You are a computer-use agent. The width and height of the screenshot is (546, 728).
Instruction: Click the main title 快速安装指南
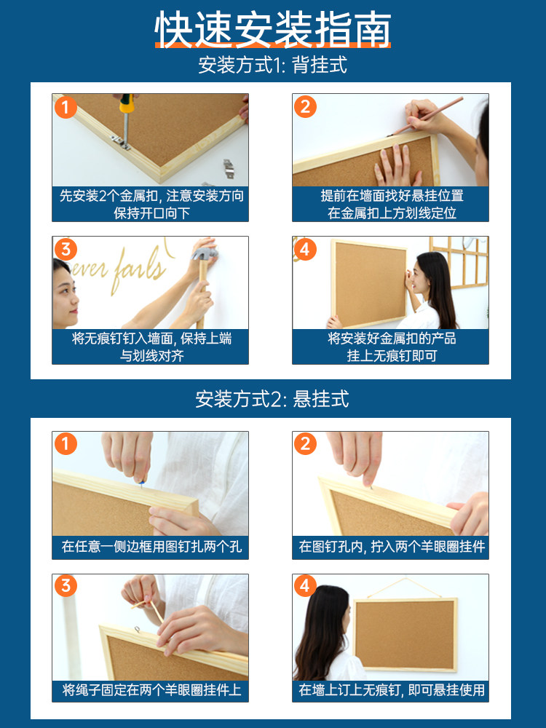click(x=273, y=29)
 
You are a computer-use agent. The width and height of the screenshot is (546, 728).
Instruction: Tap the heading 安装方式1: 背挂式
click(x=273, y=65)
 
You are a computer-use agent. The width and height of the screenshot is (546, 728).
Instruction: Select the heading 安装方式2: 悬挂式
click(x=272, y=399)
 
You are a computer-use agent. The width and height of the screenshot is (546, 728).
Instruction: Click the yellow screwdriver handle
click(x=126, y=103)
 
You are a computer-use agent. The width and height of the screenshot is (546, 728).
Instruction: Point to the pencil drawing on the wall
click(x=426, y=116)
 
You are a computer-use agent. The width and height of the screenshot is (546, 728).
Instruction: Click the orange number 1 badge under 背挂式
click(x=66, y=107)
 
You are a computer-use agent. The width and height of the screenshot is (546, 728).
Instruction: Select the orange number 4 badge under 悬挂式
click(x=305, y=585)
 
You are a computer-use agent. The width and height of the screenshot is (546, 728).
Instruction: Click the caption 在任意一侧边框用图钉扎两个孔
click(x=151, y=547)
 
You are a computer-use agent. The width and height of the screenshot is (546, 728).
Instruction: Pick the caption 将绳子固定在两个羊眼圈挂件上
click(x=151, y=690)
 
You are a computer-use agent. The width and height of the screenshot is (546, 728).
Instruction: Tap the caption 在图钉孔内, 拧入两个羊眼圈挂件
click(x=392, y=547)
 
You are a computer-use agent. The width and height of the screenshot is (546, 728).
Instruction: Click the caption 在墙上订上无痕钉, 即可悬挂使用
click(x=392, y=690)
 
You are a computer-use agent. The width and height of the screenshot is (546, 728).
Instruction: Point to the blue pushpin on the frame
click(x=141, y=483)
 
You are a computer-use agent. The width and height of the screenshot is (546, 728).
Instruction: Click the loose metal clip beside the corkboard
click(x=228, y=169)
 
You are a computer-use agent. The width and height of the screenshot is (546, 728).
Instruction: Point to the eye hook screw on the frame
click(x=137, y=630)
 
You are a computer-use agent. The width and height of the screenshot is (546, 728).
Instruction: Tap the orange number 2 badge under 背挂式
click(x=305, y=107)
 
